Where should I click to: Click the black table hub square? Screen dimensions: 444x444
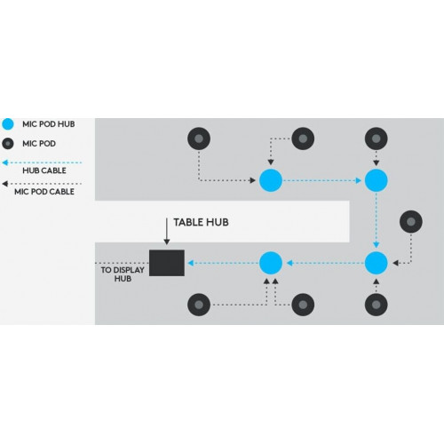167,263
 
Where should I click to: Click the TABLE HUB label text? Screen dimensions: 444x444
201,222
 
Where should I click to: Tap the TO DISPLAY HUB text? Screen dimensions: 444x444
123,274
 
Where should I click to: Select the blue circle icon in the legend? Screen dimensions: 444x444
8,124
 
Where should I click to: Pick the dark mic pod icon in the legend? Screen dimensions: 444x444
8,144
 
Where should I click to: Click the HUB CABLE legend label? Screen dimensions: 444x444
44,170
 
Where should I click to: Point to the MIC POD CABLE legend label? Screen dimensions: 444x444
44,192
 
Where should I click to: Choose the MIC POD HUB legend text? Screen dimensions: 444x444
49,124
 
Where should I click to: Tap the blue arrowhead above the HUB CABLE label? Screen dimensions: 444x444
5,163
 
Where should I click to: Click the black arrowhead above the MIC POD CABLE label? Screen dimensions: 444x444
5,184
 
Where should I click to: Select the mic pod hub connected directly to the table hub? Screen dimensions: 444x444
271,263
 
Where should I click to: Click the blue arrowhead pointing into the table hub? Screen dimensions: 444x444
191,263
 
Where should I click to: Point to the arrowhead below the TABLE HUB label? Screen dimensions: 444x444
167,242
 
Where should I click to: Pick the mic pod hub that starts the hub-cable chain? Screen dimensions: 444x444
271,180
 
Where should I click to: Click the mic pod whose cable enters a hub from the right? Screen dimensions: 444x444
411,221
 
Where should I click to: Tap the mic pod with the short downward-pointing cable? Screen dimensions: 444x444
376,139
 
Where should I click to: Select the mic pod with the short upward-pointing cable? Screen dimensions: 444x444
376,305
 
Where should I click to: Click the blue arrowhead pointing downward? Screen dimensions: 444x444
376,245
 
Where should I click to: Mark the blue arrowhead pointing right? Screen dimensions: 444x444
359,180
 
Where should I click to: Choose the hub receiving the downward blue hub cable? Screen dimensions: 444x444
376,263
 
